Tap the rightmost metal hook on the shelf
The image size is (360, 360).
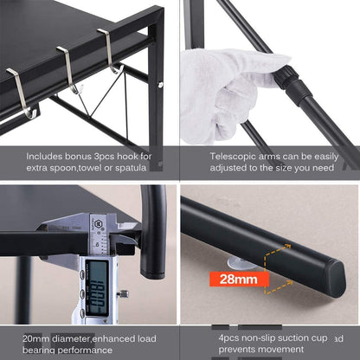pos(109,52)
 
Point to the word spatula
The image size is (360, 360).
pos(133,168)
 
